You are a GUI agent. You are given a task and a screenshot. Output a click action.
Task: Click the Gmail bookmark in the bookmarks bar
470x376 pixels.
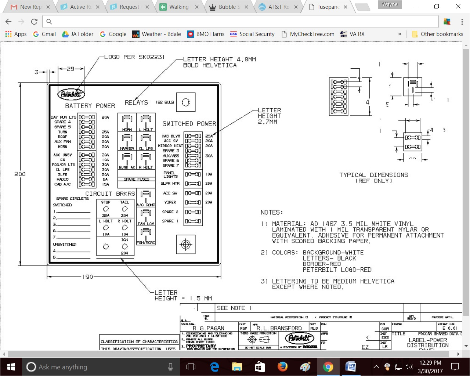[x=44, y=34]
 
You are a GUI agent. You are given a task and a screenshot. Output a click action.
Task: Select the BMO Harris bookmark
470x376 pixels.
[x=206, y=34]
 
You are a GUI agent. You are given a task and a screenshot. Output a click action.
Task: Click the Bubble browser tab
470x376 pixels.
[x=224, y=7]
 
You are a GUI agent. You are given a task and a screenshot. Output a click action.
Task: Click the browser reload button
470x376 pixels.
[x=34, y=22]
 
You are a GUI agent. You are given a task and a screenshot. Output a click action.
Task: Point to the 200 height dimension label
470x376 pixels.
[x=20, y=174]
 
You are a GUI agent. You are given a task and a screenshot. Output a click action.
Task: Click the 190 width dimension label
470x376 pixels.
[x=88, y=277]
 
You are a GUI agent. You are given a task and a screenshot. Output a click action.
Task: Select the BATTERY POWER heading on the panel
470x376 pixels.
[x=90, y=106]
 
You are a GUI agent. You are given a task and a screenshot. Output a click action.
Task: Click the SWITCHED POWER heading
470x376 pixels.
[x=189, y=124]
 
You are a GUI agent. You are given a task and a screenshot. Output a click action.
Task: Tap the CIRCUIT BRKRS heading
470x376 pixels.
[x=110, y=194]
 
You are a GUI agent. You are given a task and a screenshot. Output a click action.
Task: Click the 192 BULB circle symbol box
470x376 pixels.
[x=186, y=102]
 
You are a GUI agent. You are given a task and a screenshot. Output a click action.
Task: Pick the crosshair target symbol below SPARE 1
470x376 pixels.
[x=186, y=245]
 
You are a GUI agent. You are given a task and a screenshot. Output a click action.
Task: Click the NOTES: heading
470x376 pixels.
[x=272, y=213]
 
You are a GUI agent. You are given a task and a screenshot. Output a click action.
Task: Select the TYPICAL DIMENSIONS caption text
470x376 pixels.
[x=373, y=175]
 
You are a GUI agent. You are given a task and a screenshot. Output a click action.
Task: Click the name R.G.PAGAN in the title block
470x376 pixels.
[x=208, y=328]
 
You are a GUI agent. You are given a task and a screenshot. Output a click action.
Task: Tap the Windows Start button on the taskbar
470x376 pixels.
[x=11, y=367]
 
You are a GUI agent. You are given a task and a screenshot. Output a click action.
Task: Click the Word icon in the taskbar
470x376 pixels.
[x=351, y=367]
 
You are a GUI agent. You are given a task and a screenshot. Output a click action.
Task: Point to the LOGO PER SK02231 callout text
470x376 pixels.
[x=134, y=57]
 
